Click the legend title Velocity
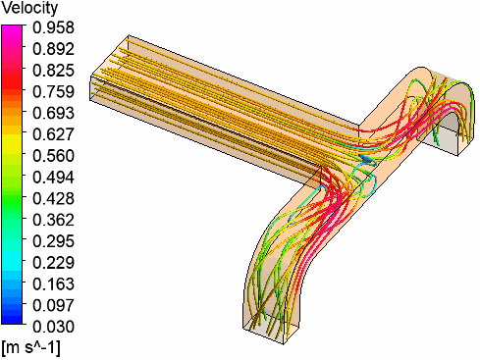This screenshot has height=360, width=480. (x=29, y=8)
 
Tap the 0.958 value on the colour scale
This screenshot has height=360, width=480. (x=54, y=27)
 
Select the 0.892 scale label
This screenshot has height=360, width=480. (x=54, y=49)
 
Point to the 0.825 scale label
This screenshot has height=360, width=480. (x=54, y=71)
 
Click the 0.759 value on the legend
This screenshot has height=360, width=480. (x=54, y=91)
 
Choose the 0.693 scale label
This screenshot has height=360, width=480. (x=54, y=113)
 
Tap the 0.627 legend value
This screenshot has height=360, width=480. (x=54, y=134)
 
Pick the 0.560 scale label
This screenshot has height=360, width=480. (x=54, y=156)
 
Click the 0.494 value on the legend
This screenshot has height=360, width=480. (x=54, y=178)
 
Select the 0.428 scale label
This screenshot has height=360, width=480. (x=54, y=198)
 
